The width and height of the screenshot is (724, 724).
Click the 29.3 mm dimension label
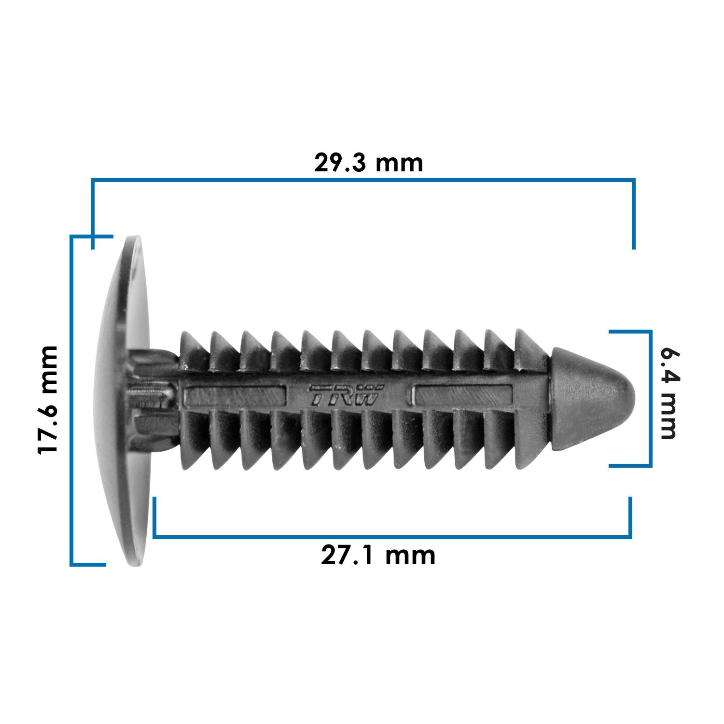click(x=368, y=163)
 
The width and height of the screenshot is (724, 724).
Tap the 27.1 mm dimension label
click(x=378, y=556)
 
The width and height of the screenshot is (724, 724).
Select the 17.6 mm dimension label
click(x=48, y=400)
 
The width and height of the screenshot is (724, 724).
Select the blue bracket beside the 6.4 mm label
click(x=650, y=399)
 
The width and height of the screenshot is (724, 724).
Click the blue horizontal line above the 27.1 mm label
click(x=392, y=536)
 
